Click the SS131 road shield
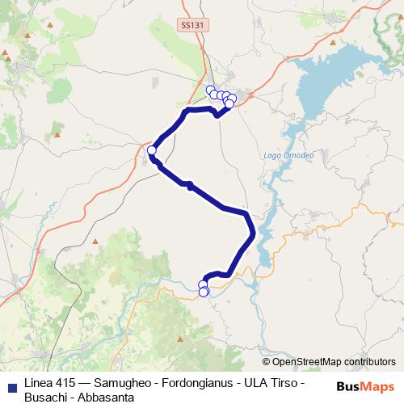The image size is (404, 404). pyautogui.click(x=191, y=26)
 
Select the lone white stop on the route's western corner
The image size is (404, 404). pyautogui.click(x=151, y=149)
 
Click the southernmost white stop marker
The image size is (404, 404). pyautogui.click(x=204, y=292)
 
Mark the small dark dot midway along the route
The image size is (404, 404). pyautogui.click(x=189, y=185)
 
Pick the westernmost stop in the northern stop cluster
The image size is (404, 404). pyautogui.click(x=210, y=90)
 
